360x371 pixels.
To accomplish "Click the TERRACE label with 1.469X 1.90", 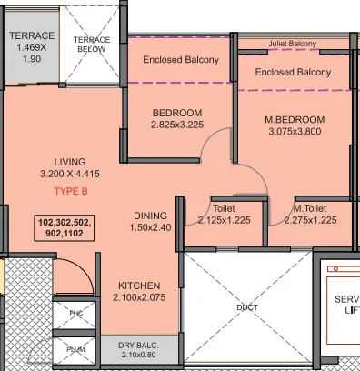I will pos(32,46).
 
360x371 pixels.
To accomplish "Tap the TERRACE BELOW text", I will pos(91,45).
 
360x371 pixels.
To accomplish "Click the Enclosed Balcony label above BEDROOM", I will pos(181,60).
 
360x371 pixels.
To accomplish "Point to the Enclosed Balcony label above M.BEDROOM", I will pos(292,72).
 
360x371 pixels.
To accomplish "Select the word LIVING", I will pos(70,161).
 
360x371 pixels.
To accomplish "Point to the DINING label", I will pos(150,216).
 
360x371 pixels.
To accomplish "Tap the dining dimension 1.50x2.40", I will pos(150,227).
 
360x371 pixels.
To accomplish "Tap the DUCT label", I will pos(246,307).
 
